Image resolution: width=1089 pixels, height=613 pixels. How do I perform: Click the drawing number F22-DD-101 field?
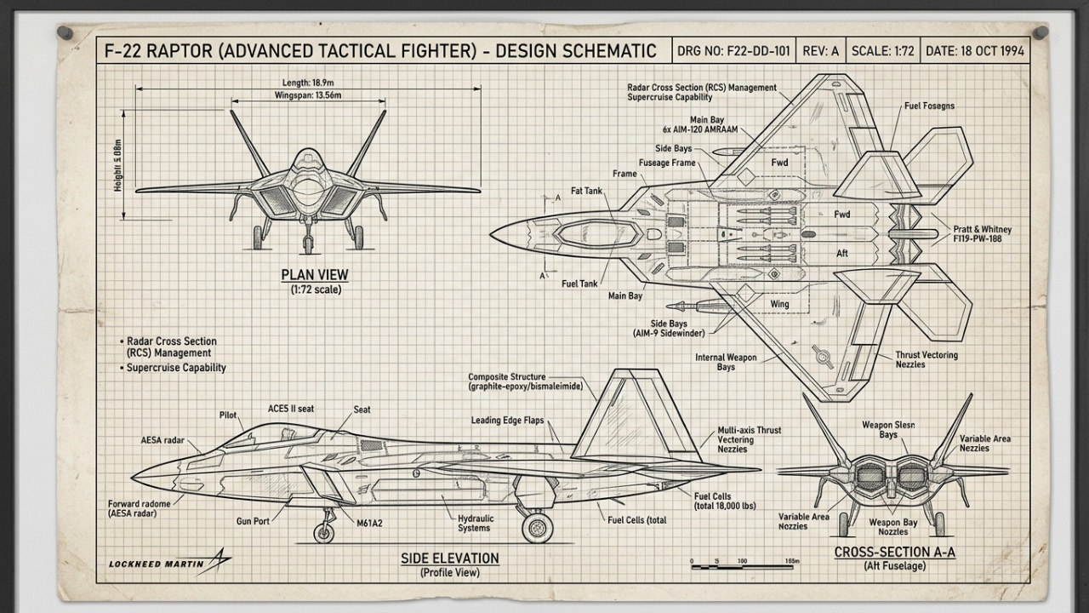point(733,51)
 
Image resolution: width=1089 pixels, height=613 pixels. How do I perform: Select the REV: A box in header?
point(820,51)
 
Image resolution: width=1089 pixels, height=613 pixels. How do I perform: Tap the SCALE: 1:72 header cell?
point(882,51)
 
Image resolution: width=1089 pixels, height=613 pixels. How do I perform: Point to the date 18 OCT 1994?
point(974,51)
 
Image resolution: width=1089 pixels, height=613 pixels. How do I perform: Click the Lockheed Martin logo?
point(169,562)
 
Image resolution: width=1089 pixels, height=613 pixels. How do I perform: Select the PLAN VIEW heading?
point(315,275)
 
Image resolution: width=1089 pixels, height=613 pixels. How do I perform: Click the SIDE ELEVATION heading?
point(450,559)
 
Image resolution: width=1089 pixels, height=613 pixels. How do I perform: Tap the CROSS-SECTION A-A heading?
point(894,552)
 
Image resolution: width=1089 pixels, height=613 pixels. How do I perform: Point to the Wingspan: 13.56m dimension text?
point(307,95)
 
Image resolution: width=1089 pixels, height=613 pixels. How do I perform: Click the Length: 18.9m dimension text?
point(307,83)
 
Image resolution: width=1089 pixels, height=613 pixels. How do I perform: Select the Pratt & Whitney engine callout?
point(982,235)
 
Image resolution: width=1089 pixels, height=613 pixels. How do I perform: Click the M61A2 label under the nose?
point(368,523)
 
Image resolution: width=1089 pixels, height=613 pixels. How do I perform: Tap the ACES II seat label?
point(290,409)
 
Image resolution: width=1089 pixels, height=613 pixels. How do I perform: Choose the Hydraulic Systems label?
point(474,523)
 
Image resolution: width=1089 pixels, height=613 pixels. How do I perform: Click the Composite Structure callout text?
point(525,381)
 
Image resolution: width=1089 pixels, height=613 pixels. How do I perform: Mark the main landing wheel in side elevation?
point(537,527)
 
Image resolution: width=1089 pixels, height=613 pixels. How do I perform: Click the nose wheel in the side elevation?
point(323,533)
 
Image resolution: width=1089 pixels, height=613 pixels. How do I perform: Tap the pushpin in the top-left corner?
point(65,33)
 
